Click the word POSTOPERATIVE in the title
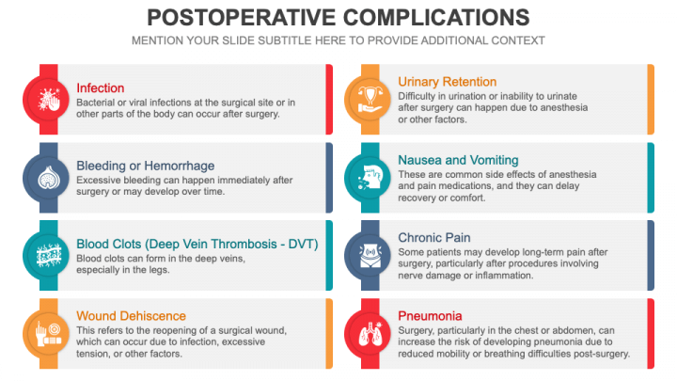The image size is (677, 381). point(241,18)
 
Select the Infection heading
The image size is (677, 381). point(101,88)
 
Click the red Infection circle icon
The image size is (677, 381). point(46,100)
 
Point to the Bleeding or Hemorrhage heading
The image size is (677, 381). point(146,166)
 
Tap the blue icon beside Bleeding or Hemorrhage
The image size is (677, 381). point(46,178)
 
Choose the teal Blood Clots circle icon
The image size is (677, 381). point(46,256)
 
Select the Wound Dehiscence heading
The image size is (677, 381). point(132,316)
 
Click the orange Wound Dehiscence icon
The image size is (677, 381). point(46,333)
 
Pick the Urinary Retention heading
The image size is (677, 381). point(448,82)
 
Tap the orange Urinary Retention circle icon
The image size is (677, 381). point(368,100)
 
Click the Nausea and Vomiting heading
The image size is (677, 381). point(458,160)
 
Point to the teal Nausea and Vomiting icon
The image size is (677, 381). point(368,178)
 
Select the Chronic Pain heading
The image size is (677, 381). point(434,238)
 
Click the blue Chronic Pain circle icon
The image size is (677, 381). point(368,256)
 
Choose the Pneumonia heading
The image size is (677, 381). point(430,316)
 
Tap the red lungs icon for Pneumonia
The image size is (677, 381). point(368,333)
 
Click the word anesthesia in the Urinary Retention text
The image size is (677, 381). point(564,107)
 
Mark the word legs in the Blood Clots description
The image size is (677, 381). point(159,270)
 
